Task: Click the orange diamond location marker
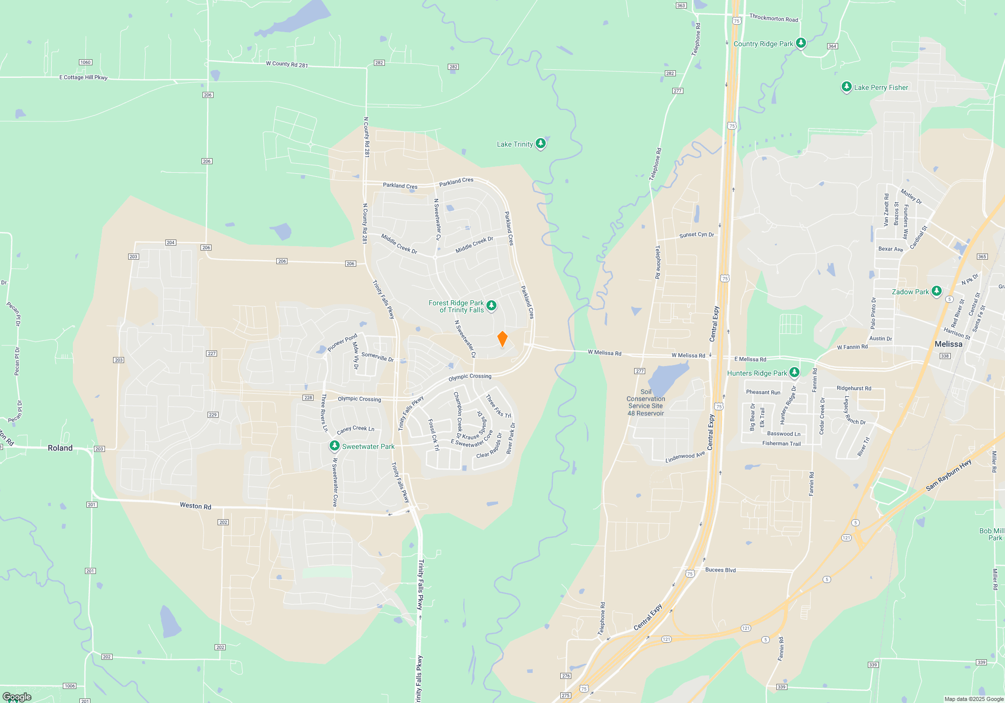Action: point(502,339)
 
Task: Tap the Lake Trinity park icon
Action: point(540,144)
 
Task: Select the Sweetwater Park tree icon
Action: point(334,446)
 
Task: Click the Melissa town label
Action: point(948,344)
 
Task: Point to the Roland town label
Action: point(60,448)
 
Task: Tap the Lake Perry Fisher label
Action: point(881,87)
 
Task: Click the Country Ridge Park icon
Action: point(801,43)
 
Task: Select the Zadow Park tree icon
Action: point(936,291)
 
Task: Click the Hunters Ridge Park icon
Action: point(794,373)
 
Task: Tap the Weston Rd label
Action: point(195,506)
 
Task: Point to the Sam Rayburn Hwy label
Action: point(948,475)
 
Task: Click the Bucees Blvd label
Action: point(720,570)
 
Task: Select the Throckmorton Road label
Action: point(773,18)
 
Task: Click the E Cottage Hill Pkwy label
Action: point(83,77)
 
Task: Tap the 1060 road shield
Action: point(85,62)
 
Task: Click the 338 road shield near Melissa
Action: point(945,356)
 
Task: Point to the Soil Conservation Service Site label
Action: point(646,402)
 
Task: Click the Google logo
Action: point(17,697)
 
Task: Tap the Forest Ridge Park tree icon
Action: point(491,305)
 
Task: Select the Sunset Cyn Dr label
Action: point(696,235)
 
